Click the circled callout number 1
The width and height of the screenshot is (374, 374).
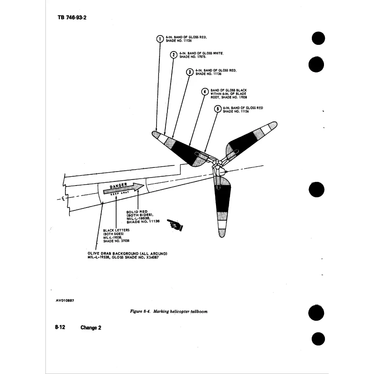click(x=159, y=39)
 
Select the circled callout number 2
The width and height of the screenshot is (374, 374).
click(x=173, y=55)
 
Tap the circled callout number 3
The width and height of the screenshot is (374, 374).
click(x=189, y=72)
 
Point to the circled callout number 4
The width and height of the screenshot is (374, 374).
click(x=204, y=92)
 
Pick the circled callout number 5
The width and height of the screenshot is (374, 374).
click(x=217, y=109)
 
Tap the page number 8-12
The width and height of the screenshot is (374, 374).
click(x=59, y=327)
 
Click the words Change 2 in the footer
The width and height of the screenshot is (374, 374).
click(x=90, y=327)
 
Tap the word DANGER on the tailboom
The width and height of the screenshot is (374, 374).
click(x=118, y=187)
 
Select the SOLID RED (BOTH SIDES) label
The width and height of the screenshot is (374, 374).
click(x=143, y=217)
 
